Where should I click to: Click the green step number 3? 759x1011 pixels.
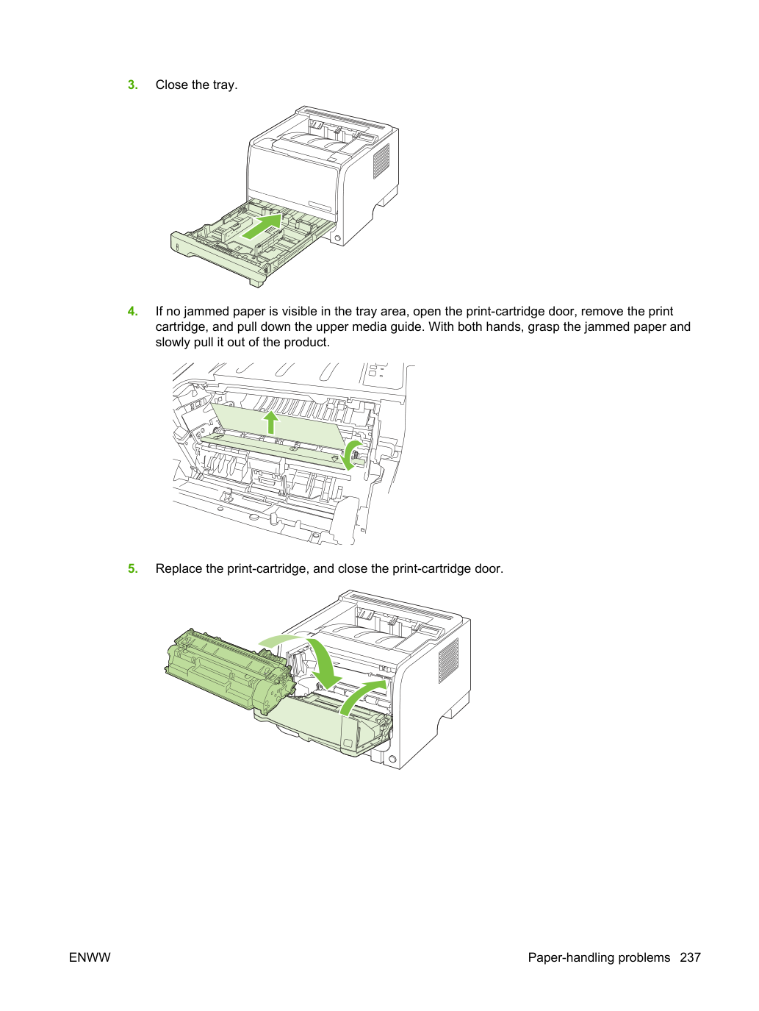[132, 85]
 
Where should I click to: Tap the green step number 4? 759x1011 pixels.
[132, 311]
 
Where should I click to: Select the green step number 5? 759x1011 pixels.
[132, 568]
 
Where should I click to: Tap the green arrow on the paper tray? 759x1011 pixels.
[262, 226]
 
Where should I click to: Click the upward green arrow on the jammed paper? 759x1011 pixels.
[271, 422]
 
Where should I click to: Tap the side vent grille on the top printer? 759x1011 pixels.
[381, 161]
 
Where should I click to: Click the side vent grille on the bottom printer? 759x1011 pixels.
[448, 660]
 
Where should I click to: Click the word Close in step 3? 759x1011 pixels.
[172, 85]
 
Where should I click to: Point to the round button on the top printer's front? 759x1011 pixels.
[337, 238]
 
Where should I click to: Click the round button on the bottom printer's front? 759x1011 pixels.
[392, 759]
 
